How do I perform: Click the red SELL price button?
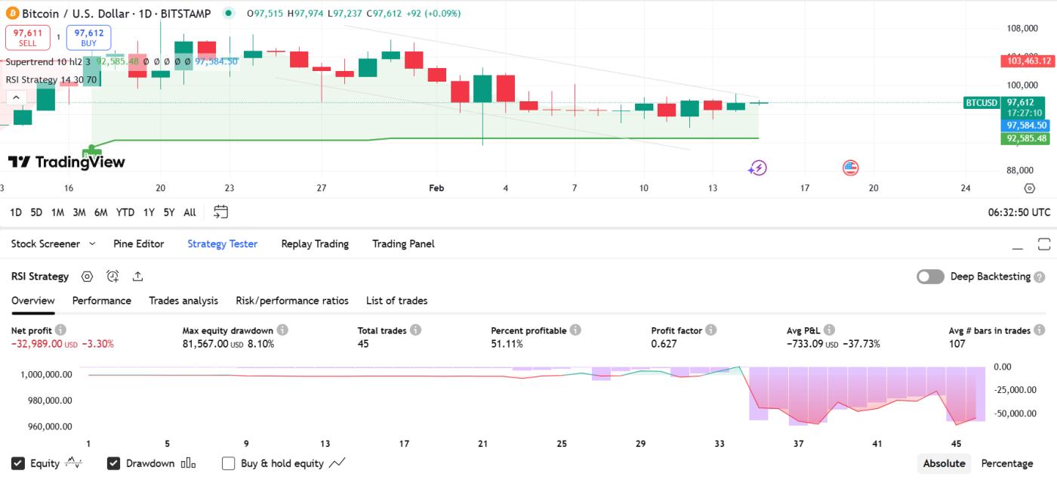[x=27, y=38]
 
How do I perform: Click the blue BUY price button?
[x=89, y=38]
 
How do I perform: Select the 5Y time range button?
[x=169, y=212]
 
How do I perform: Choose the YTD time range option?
[x=125, y=212]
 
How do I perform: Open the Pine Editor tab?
[x=138, y=244]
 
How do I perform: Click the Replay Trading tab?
[x=315, y=244]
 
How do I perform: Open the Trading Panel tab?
[x=403, y=244]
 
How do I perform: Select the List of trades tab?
[x=396, y=301]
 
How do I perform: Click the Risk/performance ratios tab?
[x=292, y=301]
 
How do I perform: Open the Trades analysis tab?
[x=183, y=301]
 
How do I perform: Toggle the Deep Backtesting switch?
[x=930, y=277]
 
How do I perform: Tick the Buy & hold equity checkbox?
[x=229, y=463]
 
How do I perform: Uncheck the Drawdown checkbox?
[x=114, y=463]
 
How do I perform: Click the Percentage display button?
[x=1006, y=463]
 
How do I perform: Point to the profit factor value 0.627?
[x=664, y=344]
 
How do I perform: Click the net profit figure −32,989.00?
[x=37, y=344]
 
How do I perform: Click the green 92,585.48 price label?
[x=1026, y=139]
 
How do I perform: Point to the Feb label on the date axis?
[x=436, y=188]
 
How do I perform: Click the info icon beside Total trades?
[x=416, y=330]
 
